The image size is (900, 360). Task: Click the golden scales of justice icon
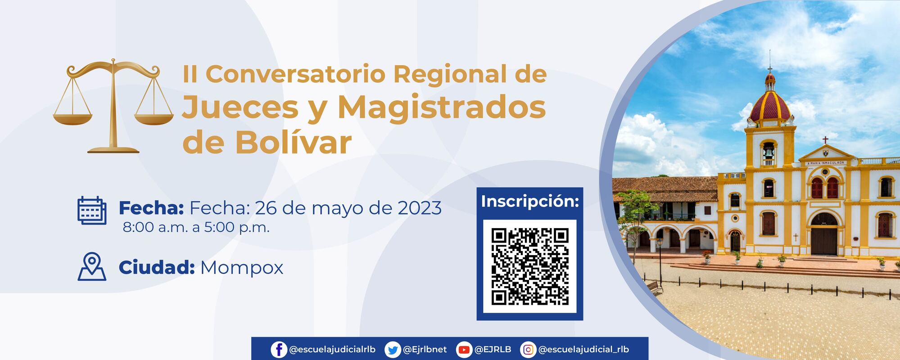[113, 106]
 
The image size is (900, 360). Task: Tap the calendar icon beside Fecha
[92, 210]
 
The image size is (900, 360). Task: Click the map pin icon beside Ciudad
[92, 267]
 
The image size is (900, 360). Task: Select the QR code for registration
[529, 266]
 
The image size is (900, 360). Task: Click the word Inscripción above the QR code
[529, 201]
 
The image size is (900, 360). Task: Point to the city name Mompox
[242, 268]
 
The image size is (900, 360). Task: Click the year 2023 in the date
[420, 208]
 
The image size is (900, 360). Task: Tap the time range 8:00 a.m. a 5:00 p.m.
[196, 227]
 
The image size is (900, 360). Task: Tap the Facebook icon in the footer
[279, 350]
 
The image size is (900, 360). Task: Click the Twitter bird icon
[393, 350]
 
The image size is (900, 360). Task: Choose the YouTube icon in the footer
[464, 350]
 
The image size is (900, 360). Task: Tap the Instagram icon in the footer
[528, 350]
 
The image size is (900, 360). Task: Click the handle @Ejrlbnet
[425, 350]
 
